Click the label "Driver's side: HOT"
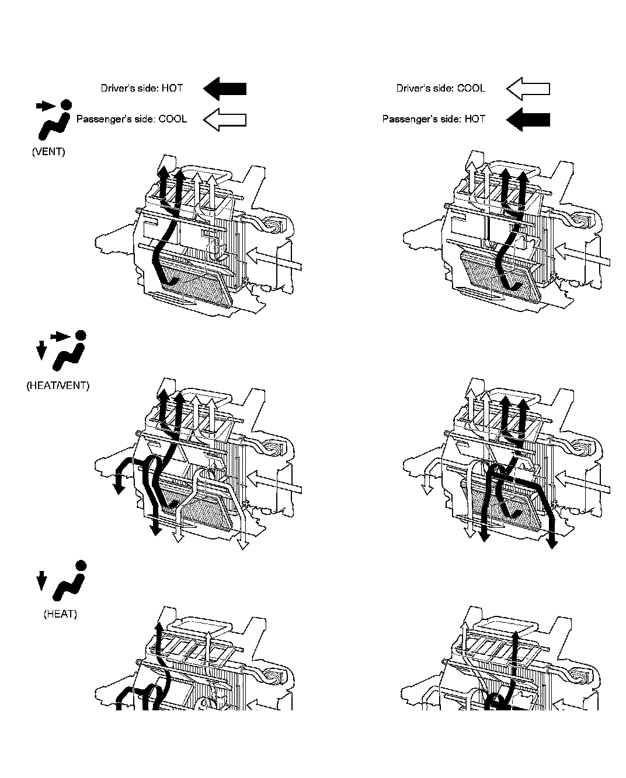(142, 89)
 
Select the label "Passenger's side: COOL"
(132, 119)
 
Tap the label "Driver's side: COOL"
(440, 89)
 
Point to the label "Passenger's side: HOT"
(433, 119)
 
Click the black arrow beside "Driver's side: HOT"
(225, 89)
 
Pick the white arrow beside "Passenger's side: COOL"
(225, 119)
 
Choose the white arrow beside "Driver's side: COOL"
(528, 89)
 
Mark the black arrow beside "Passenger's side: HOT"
(528, 119)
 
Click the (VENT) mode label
(48, 152)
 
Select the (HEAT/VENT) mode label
(58, 386)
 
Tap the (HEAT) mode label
(60, 614)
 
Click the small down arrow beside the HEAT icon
(41, 581)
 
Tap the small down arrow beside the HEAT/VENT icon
(41, 350)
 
